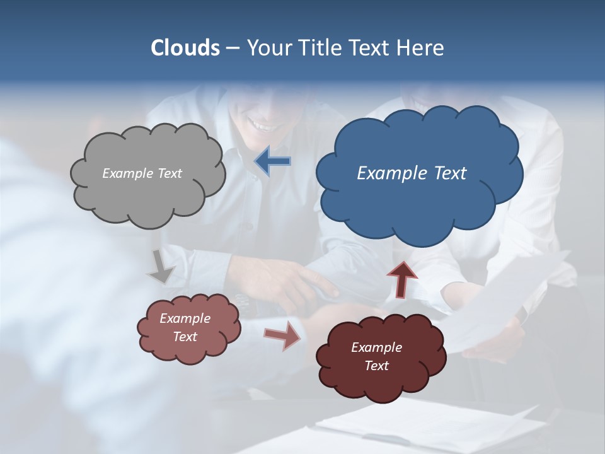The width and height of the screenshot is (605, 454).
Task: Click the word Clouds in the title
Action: (x=185, y=48)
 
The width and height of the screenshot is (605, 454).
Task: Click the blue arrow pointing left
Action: (x=272, y=161)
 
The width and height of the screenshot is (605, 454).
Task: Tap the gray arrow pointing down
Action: (x=162, y=267)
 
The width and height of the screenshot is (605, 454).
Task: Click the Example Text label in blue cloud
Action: (x=412, y=173)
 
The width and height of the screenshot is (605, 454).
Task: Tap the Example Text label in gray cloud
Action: (x=142, y=173)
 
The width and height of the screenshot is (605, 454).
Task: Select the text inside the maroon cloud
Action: (x=376, y=356)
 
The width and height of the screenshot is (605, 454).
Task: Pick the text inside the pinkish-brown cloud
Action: (x=185, y=327)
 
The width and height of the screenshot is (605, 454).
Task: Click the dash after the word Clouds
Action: (x=231, y=49)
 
